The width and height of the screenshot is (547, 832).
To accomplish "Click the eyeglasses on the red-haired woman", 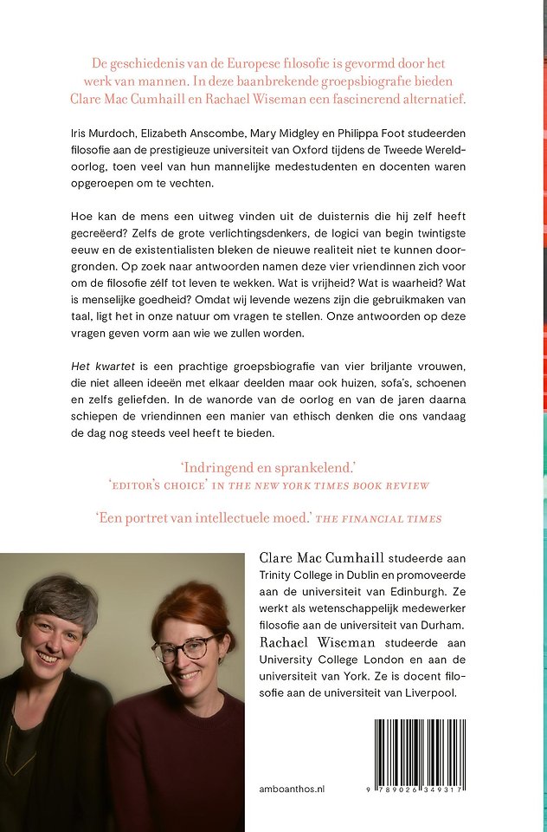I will pyautogui.click(x=186, y=648).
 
